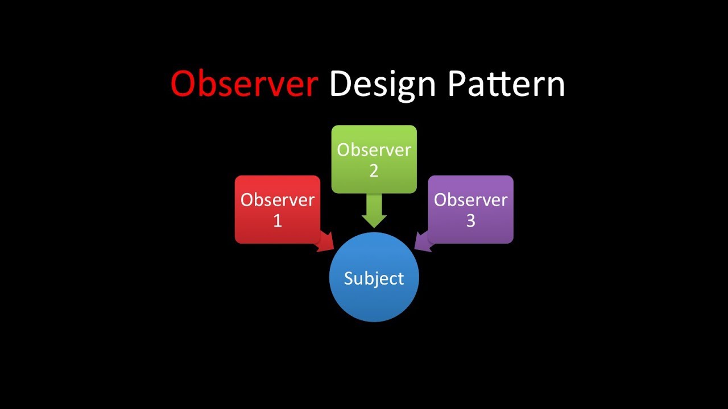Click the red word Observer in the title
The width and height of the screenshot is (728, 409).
tap(243, 84)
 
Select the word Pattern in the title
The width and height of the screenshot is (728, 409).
tap(506, 84)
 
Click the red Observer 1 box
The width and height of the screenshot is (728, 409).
tap(277, 210)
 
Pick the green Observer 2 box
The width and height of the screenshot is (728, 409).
tap(374, 160)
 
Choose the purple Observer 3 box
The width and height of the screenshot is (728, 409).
tap(470, 210)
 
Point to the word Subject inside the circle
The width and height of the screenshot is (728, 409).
tap(374, 278)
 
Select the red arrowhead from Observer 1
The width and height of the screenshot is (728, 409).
tap(326, 243)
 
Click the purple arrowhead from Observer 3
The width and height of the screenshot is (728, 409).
tap(422, 243)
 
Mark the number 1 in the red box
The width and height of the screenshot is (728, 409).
tap(278, 221)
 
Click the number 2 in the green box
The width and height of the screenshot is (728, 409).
tap(374, 171)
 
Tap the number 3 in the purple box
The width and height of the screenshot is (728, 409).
tap(470, 221)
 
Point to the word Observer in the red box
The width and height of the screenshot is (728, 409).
tap(277, 200)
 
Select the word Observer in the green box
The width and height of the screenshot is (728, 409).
tap(374, 150)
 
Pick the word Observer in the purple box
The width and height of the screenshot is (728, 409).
tap(470, 200)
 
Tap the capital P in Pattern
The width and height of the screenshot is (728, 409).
tap(457, 84)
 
